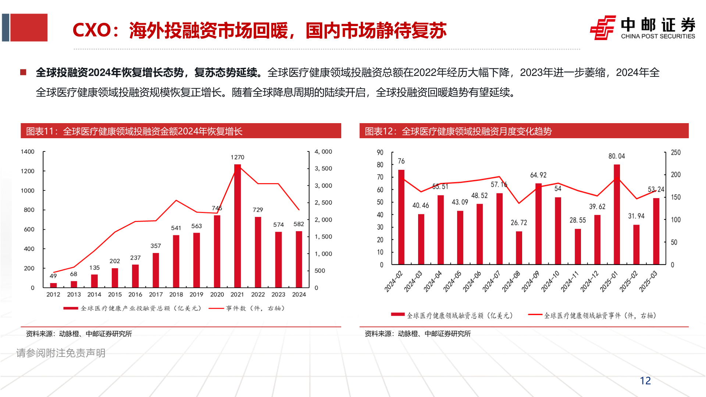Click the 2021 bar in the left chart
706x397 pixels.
coord(238,226)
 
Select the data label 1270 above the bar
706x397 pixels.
coord(238,157)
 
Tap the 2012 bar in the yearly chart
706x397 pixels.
coord(53,285)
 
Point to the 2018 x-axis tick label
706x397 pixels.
coord(176,294)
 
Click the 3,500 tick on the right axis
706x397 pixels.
coord(323,169)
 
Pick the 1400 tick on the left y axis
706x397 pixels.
coord(28,152)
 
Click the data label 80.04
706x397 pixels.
coord(617,156)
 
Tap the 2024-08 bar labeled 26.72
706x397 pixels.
coord(519,248)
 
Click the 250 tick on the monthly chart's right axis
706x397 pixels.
coord(675,153)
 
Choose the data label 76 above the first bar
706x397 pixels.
coord(401,161)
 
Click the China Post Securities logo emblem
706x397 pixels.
coord(603,28)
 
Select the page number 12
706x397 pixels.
coord(645,381)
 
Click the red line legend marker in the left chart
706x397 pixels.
coord(216,308)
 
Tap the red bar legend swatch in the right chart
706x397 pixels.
coord(397,315)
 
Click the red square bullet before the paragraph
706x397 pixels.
coord(23,72)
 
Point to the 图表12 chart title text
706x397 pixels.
coord(458,131)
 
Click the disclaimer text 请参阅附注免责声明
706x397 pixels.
coord(61,353)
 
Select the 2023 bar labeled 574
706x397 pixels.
coord(278,260)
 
